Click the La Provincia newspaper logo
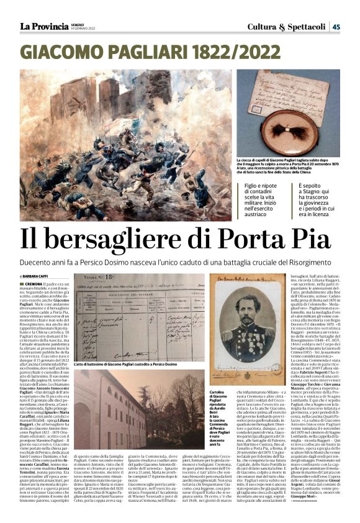pos(43,26)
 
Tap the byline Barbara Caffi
pos(38,276)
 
